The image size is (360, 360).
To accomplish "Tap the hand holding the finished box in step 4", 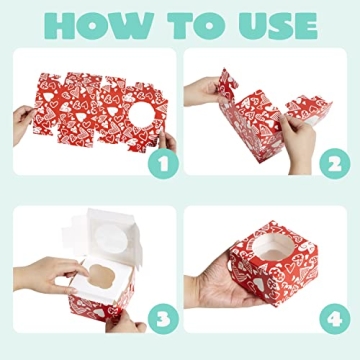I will (x=215, y=290).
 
